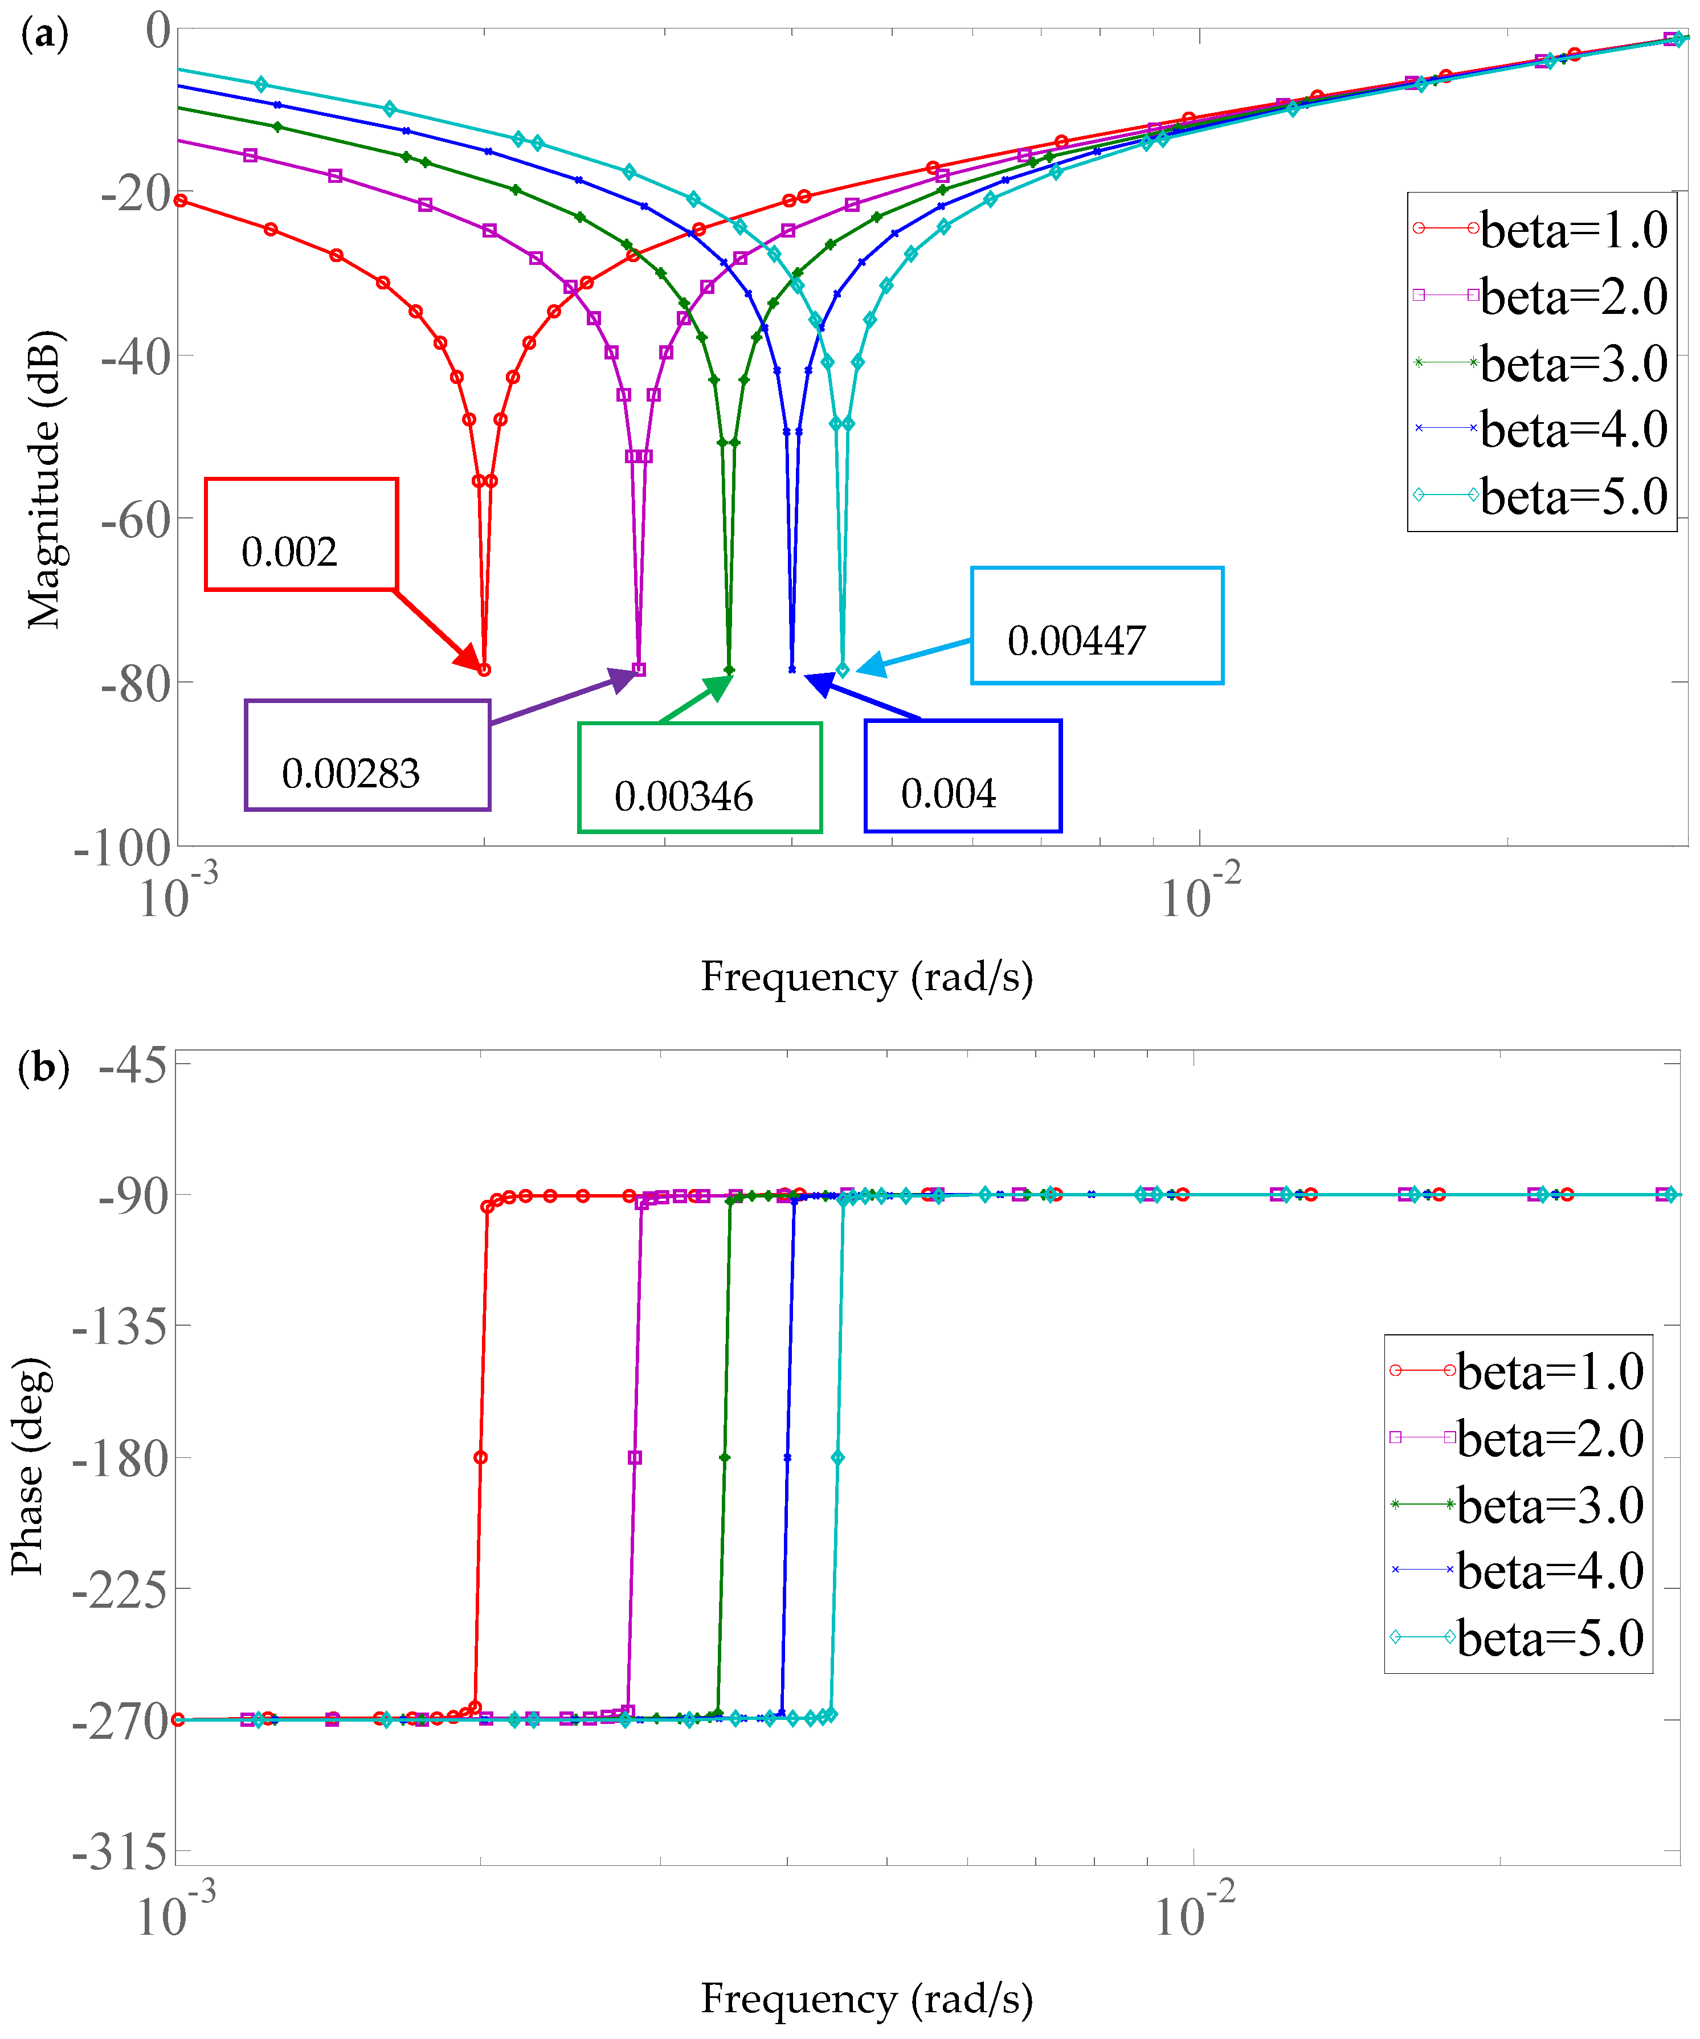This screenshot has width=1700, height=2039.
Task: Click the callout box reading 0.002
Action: click(x=301, y=534)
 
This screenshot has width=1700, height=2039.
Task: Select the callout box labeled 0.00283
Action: click(x=367, y=755)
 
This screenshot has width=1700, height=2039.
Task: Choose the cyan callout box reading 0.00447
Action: click(x=1097, y=626)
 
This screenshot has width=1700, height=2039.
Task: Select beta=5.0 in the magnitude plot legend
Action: click(x=1542, y=496)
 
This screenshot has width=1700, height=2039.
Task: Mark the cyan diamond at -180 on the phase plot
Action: click(x=838, y=1457)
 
